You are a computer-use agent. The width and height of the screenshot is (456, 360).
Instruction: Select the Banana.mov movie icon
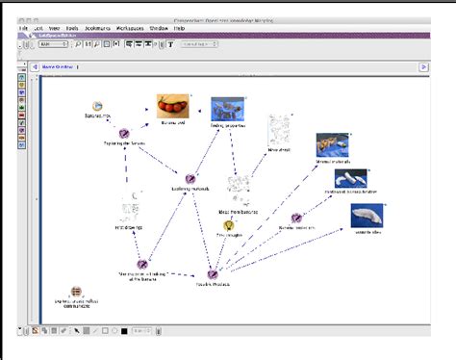click(97, 107)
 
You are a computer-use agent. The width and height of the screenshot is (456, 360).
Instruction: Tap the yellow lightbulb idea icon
click(229, 225)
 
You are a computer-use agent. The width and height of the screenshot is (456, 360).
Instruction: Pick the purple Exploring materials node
click(190, 179)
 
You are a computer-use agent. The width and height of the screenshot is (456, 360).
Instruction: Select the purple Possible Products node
click(214, 273)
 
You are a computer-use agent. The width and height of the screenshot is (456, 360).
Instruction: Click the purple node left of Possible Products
click(142, 263)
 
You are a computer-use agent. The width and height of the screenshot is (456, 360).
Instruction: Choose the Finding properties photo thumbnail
click(227, 108)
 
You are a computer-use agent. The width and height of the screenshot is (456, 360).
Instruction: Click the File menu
click(23, 29)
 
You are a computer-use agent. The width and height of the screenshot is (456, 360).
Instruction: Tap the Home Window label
click(58, 66)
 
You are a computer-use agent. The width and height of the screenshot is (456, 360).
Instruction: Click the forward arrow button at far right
click(423, 66)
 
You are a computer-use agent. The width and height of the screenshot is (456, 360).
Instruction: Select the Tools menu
click(72, 29)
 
